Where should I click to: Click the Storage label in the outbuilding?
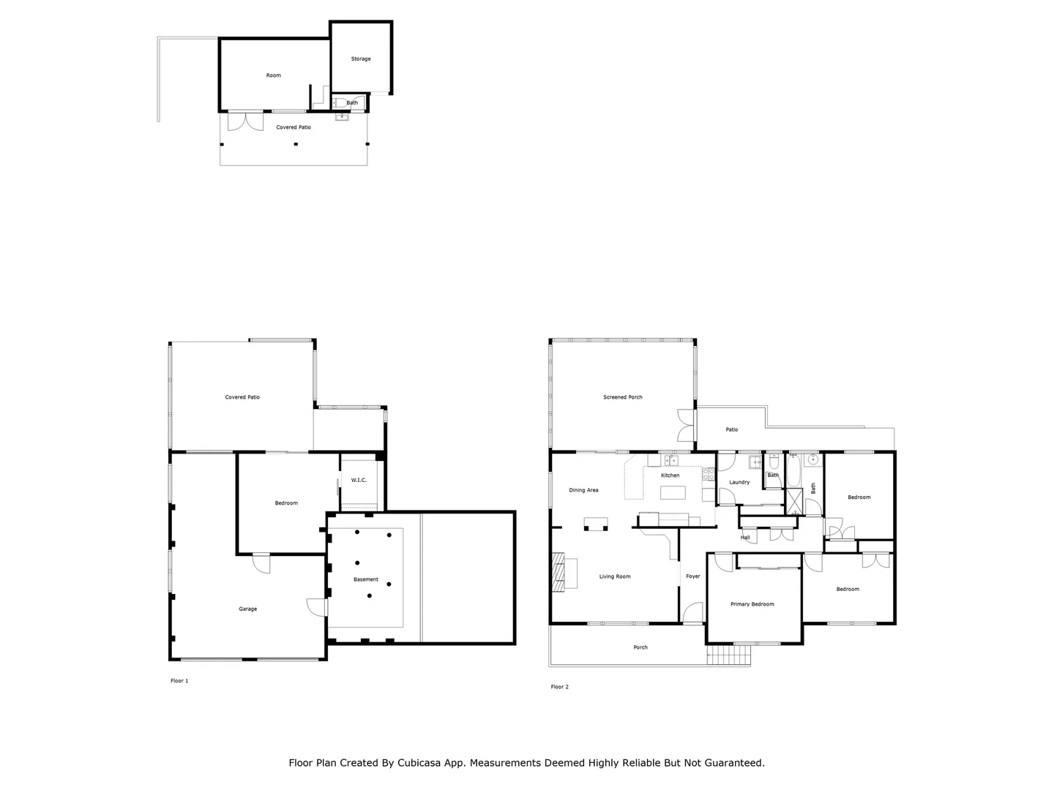[x=361, y=59]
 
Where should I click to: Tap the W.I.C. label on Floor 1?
[x=359, y=480]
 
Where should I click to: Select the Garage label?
[x=247, y=609]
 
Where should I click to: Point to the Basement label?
[x=366, y=579]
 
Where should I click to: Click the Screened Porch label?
[x=622, y=397]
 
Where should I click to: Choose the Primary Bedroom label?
[x=752, y=604]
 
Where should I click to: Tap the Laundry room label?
[x=739, y=482]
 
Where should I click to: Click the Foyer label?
[x=692, y=576]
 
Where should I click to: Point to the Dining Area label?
[x=583, y=490]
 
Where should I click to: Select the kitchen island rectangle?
[x=673, y=492]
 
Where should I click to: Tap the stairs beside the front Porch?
[x=729, y=655]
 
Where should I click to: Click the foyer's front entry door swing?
[x=692, y=612]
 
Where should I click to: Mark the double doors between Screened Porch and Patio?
[x=685, y=425]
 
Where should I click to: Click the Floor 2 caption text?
[x=559, y=687]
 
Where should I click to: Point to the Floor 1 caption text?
[x=179, y=681]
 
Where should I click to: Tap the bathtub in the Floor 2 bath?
[x=793, y=470]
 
